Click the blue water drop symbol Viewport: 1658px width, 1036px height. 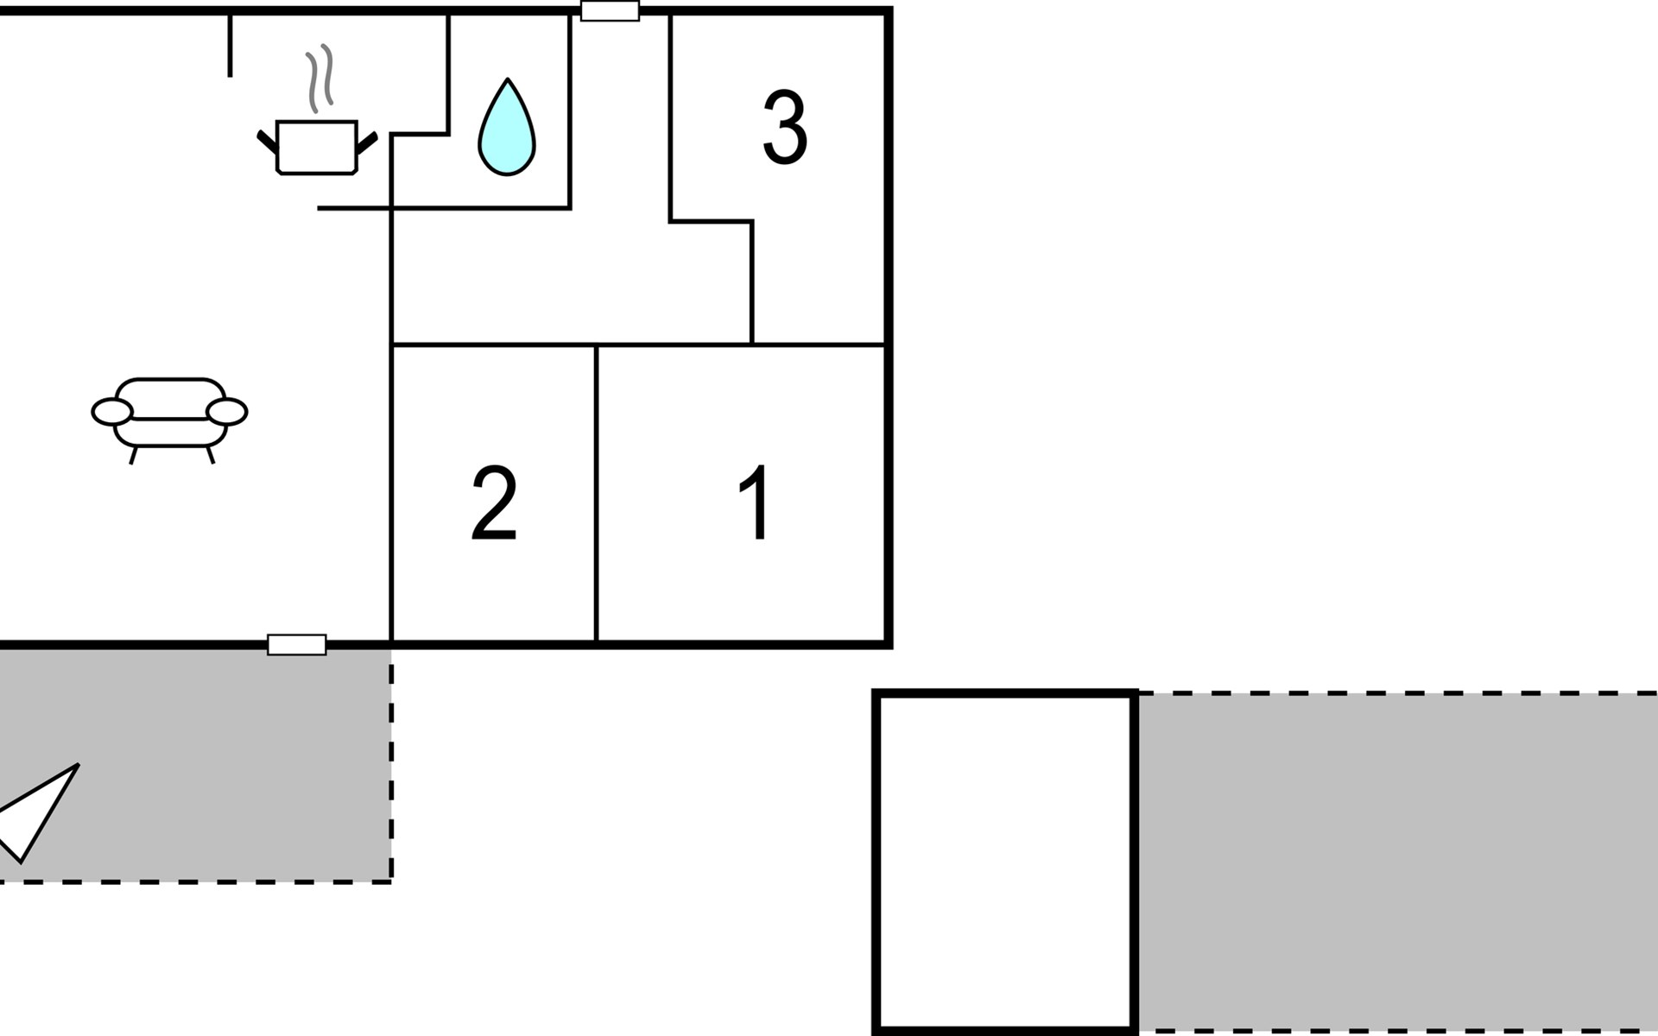pos(507,129)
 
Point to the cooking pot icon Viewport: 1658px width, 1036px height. pos(316,148)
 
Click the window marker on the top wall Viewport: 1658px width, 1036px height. pos(610,11)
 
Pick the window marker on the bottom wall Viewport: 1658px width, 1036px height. pos(296,644)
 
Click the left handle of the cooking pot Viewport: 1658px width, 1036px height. pos(267,142)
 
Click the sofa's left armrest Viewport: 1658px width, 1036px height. pos(111,413)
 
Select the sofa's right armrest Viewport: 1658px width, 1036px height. pos(227,413)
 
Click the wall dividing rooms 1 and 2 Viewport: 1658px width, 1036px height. pos(596,492)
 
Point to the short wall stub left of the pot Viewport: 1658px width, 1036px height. pos(230,47)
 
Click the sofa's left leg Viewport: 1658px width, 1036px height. pos(133,455)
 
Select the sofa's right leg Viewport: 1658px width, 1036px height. pos(210,455)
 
